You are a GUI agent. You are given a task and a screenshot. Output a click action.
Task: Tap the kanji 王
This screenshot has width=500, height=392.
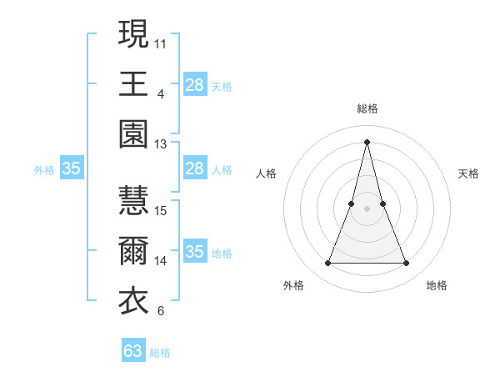point(133,84)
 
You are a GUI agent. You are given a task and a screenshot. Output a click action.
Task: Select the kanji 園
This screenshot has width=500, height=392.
point(133,134)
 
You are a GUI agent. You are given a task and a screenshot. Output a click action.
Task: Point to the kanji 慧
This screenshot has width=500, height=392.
point(133,201)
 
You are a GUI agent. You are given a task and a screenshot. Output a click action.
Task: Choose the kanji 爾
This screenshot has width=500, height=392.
point(133,251)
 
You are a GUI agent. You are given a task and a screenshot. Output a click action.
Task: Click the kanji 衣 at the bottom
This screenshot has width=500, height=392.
point(133,301)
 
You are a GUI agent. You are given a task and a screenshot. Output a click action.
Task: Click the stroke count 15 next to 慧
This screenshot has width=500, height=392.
point(161,210)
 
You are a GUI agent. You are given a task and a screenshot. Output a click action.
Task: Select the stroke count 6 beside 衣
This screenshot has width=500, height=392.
point(160,311)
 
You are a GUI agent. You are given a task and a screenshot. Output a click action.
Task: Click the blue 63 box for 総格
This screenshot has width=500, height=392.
point(133,351)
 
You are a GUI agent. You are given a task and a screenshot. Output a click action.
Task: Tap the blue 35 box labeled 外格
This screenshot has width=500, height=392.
point(71,169)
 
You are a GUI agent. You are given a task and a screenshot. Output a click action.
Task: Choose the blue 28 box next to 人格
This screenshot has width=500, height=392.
point(194,168)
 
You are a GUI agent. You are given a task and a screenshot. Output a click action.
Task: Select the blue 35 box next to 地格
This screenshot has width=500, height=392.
point(194,252)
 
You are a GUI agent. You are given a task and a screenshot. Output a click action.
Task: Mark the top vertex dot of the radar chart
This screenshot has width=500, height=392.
point(367,141)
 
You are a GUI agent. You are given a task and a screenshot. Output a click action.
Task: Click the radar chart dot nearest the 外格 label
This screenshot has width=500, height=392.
point(327,264)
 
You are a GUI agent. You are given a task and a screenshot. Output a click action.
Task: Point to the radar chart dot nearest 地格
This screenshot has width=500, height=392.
point(407,264)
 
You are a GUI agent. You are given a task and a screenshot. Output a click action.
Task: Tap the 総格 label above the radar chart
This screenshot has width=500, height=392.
point(367,108)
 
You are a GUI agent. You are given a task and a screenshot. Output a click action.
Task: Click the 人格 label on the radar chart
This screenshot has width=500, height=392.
point(267,173)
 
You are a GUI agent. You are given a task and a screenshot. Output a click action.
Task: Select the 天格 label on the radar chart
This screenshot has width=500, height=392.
point(469,173)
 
